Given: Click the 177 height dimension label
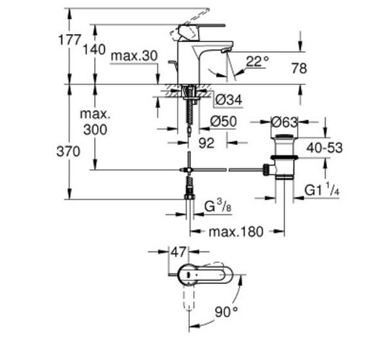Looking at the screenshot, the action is click(x=70, y=40).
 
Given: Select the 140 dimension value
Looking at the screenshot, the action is click(x=94, y=49).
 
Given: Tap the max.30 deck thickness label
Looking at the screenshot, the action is click(x=134, y=56).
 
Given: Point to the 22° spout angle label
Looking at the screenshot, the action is click(x=257, y=61).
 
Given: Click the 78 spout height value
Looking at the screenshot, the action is click(x=299, y=68).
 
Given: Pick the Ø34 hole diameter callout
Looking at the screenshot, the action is click(x=229, y=100).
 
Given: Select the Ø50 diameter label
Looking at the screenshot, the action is click(x=223, y=122).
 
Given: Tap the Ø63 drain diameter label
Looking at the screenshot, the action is click(x=285, y=122).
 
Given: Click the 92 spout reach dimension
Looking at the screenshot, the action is click(x=207, y=143).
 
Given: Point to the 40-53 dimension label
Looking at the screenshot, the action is click(x=324, y=148).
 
